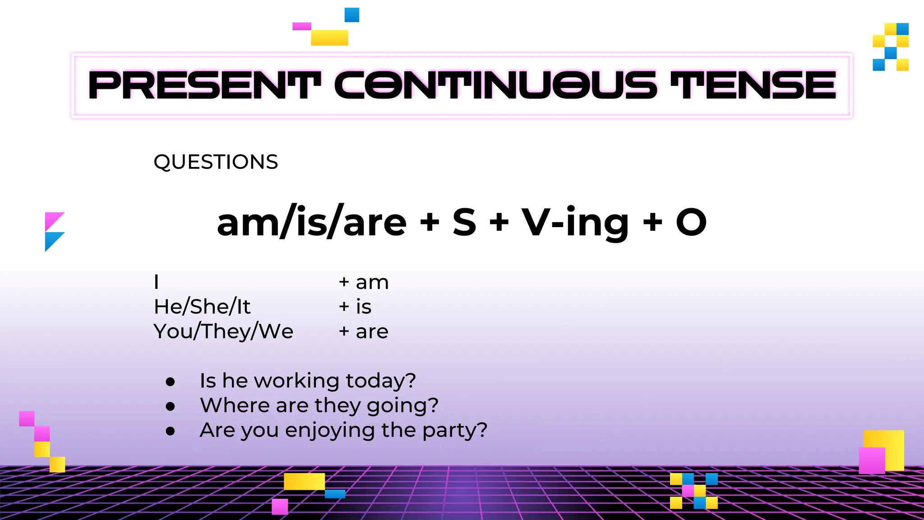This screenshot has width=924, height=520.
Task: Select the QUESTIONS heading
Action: (x=216, y=162)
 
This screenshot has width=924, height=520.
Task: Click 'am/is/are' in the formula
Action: (x=312, y=222)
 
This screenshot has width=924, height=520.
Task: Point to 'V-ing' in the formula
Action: (x=575, y=222)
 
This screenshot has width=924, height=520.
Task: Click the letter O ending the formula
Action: (x=691, y=222)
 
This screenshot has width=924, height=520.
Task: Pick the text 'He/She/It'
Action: (x=202, y=307)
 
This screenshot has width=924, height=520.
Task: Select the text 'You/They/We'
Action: (x=223, y=332)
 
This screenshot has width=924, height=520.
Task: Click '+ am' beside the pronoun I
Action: (x=364, y=283)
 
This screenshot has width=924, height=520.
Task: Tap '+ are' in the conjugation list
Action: (x=364, y=332)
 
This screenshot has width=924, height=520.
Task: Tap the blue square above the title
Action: (x=352, y=15)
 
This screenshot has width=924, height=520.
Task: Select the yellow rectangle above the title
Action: (x=329, y=37)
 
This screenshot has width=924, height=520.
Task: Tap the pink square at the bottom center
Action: (x=280, y=506)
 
